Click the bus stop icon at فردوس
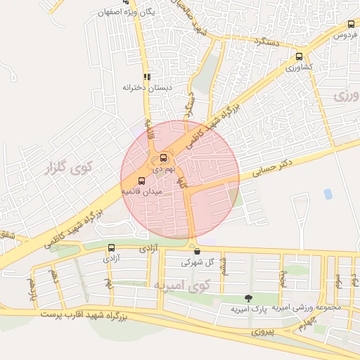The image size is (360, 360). click(351, 24)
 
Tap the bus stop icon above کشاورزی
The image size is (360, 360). click(300, 57)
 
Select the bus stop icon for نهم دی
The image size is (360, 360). click(164, 157)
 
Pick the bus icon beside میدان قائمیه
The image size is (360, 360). click(142, 180)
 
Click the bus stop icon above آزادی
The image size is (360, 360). click(111, 247)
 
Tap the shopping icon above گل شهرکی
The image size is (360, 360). click(196, 251)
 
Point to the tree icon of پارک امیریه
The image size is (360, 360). click(247, 298)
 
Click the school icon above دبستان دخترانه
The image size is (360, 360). click(147, 77)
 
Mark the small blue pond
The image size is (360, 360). click(328, 194)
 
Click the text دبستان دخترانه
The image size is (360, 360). click(148, 88)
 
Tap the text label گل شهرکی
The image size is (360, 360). click(196, 262)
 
